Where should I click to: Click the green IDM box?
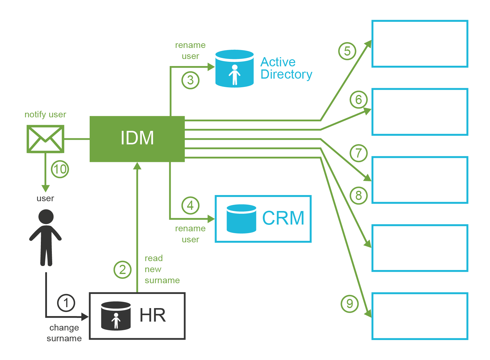pyautogui.click(x=137, y=139)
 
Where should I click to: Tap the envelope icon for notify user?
pyautogui.click(x=45, y=139)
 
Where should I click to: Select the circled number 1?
pyautogui.click(x=66, y=303)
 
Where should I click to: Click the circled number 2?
pyautogui.click(x=122, y=270)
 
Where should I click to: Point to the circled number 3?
pyautogui.click(x=191, y=80)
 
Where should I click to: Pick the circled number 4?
pyautogui.click(x=191, y=205)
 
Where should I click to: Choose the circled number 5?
pyautogui.click(x=347, y=51)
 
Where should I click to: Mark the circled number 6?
pyautogui.click(x=359, y=100)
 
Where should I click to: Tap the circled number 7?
pyautogui.click(x=359, y=153)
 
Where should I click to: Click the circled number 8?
pyautogui.click(x=359, y=195)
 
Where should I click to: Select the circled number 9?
pyautogui.click(x=350, y=304)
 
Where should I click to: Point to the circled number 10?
pyautogui.click(x=60, y=169)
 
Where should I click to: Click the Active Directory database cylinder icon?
pyautogui.click(x=235, y=69)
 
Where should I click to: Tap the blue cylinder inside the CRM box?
pyautogui.click(x=241, y=219)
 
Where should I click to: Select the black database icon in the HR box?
pyautogui.click(x=116, y=316)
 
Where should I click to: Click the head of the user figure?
pyautogui.click(x=46, y=217)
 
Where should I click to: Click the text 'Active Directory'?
pyautogui.click(x=286, y=68)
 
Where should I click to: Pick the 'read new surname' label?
pyautogui.click(x=162, y=269)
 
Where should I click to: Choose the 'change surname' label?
pyautogui.click(x=64, y=333)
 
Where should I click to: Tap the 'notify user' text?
pyautogui.click(x=45, y=115)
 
